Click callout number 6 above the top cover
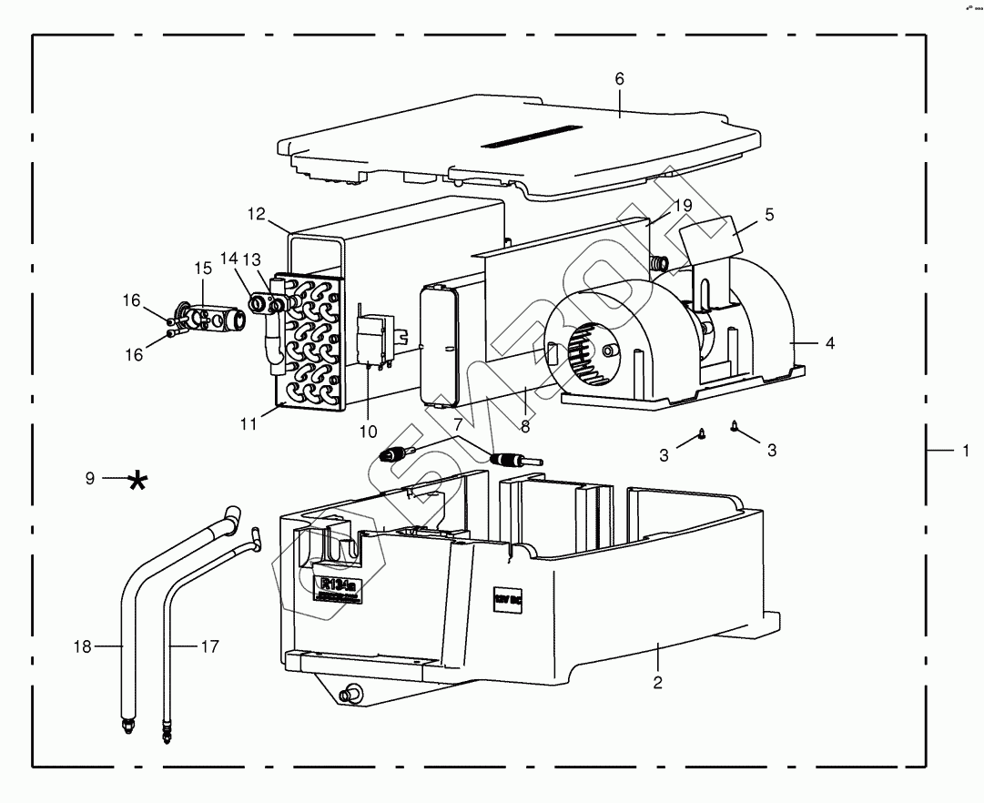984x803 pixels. (x=619, y=78)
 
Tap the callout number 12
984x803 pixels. (x=256, y=215)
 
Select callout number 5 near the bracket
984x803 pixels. (x=769, y=216)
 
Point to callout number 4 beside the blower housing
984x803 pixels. (x=829, y=343)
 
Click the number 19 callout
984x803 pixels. (x=685, y=206)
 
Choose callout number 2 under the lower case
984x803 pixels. (x=657, y=681)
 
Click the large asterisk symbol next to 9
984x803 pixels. (x=137, y=480)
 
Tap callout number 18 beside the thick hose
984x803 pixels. (x=81, y=646)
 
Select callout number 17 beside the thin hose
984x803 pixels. (x=210, y=646)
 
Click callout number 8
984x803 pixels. (x=525, y=424)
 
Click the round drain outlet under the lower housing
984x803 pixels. (x=347, y=696)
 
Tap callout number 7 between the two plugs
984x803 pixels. (x=458, y=424)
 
